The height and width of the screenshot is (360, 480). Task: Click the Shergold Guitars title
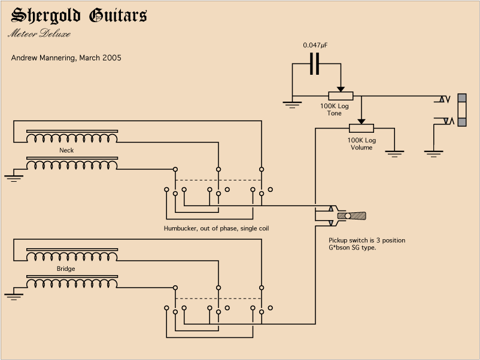tap(79, 16)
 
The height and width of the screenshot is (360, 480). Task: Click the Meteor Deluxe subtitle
tap(40, 33)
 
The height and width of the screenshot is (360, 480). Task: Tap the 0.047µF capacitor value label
tap(315, 45)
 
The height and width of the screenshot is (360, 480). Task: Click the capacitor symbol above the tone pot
tap(314, 63)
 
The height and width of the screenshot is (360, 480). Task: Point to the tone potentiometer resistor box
tap(340, 96)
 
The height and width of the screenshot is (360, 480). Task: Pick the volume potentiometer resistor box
tap(361, 128)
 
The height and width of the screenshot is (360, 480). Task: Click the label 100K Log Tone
tap(334, 109)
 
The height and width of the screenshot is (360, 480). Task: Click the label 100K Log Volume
tap(361, 144)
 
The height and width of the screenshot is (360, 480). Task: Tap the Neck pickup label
tap(66, 150)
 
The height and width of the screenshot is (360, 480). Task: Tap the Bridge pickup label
tap(66, 269)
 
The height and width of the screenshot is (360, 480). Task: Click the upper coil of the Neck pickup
tap(72, 138)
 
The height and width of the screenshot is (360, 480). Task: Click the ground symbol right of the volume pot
tap(394, 152)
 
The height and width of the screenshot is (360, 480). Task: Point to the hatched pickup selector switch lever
tap(352, 215)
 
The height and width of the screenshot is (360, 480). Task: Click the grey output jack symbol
tap(462, 109)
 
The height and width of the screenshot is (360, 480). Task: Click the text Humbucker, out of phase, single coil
tap(220, 228)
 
